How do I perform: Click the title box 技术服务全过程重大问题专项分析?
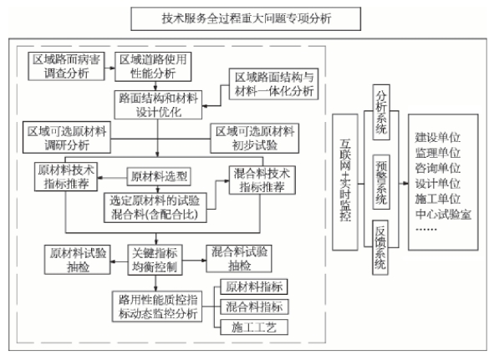[x=246, y=19]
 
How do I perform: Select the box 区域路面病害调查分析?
[x=66, y=67]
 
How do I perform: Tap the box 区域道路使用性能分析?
[x=153, y=67]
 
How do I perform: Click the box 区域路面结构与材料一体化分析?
[x=273, y=84]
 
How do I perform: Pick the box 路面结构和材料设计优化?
[x=158, y=105]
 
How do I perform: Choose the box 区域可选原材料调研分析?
[x=67, y=137]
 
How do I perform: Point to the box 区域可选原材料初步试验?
[x=255, y=139]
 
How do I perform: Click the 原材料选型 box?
[x=159, y=177]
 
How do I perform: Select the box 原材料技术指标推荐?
[x=66, y=177]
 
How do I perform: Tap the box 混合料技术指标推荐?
[x=262, y=180]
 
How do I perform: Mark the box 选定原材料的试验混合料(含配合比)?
[x=155, y=207]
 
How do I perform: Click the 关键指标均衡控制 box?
[x=155, y=260]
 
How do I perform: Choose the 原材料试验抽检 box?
[x=78, y=260]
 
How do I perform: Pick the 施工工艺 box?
[x=254, y=327]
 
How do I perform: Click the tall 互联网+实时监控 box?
[x=345, y=182]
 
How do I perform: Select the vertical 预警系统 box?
[x=381, y=182]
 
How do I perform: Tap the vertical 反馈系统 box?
[x=380, y=247]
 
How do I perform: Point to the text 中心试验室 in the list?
[x=443, y=214]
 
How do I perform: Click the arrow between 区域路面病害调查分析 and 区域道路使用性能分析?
[x=109, y=68]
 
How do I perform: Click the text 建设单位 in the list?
[x=438, y=137]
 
